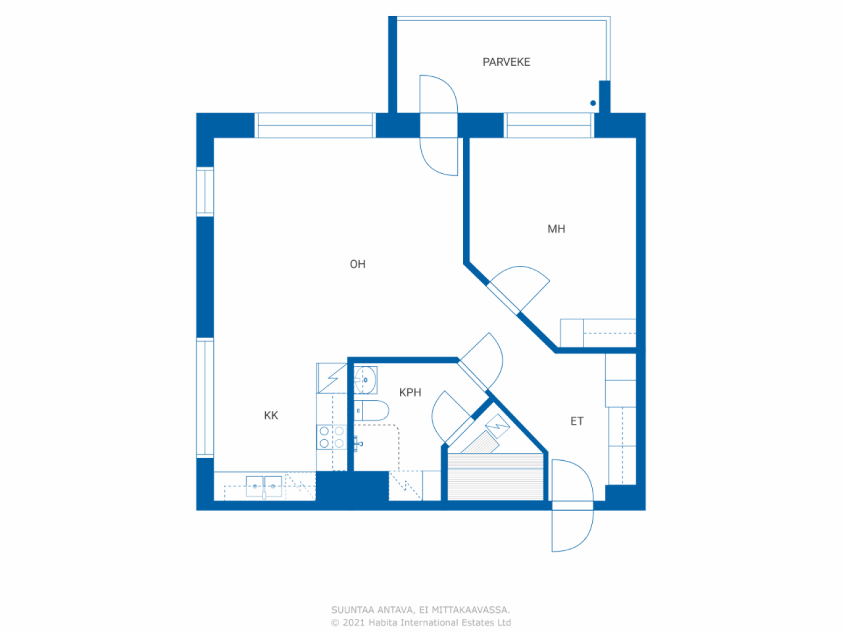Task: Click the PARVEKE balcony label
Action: coord(506,62)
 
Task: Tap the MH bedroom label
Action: coord(557,229)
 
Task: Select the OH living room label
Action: coord(357,264)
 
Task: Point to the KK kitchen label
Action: coord(271,415)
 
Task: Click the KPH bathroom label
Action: coord(410,392)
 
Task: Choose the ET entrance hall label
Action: coord(577,421)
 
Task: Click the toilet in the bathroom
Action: coord(371,411)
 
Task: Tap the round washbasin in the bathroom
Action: coord(366,380)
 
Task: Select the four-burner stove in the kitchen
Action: coord(332,437)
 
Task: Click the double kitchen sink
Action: coord(264,487)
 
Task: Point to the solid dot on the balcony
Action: coord(593,103)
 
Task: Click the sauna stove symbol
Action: coord(497,426)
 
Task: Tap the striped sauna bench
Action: coord(495,477)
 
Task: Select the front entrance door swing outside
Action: coord(572,531)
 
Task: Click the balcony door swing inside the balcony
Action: coord(439,94)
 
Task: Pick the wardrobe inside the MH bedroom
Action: coord(598,332)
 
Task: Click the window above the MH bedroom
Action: coord(549,125)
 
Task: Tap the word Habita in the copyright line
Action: coord(382,622)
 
